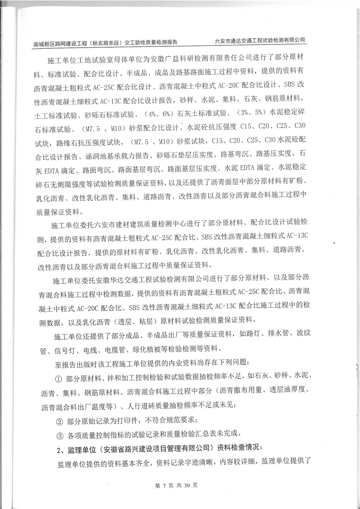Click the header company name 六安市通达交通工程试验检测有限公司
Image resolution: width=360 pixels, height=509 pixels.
click(x=260, y=40)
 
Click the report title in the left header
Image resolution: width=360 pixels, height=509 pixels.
click(x=105, y=42)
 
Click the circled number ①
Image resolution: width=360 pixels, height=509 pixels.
click(x=58, y=378)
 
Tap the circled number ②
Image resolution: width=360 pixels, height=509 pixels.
click(x=58, y=420)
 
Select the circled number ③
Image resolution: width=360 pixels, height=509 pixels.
click(x=58, y=434)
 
